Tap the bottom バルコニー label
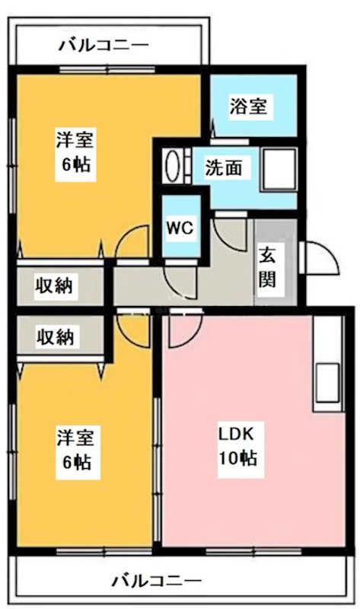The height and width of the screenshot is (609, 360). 158,582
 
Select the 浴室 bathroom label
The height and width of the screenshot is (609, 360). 248,107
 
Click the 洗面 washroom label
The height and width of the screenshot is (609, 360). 224,168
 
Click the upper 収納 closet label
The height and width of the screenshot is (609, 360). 55,286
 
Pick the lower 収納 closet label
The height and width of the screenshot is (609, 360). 55,336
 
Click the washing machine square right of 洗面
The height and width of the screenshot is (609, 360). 279,169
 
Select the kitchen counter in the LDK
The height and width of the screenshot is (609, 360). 329,358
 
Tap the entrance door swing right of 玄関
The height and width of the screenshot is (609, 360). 319,258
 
